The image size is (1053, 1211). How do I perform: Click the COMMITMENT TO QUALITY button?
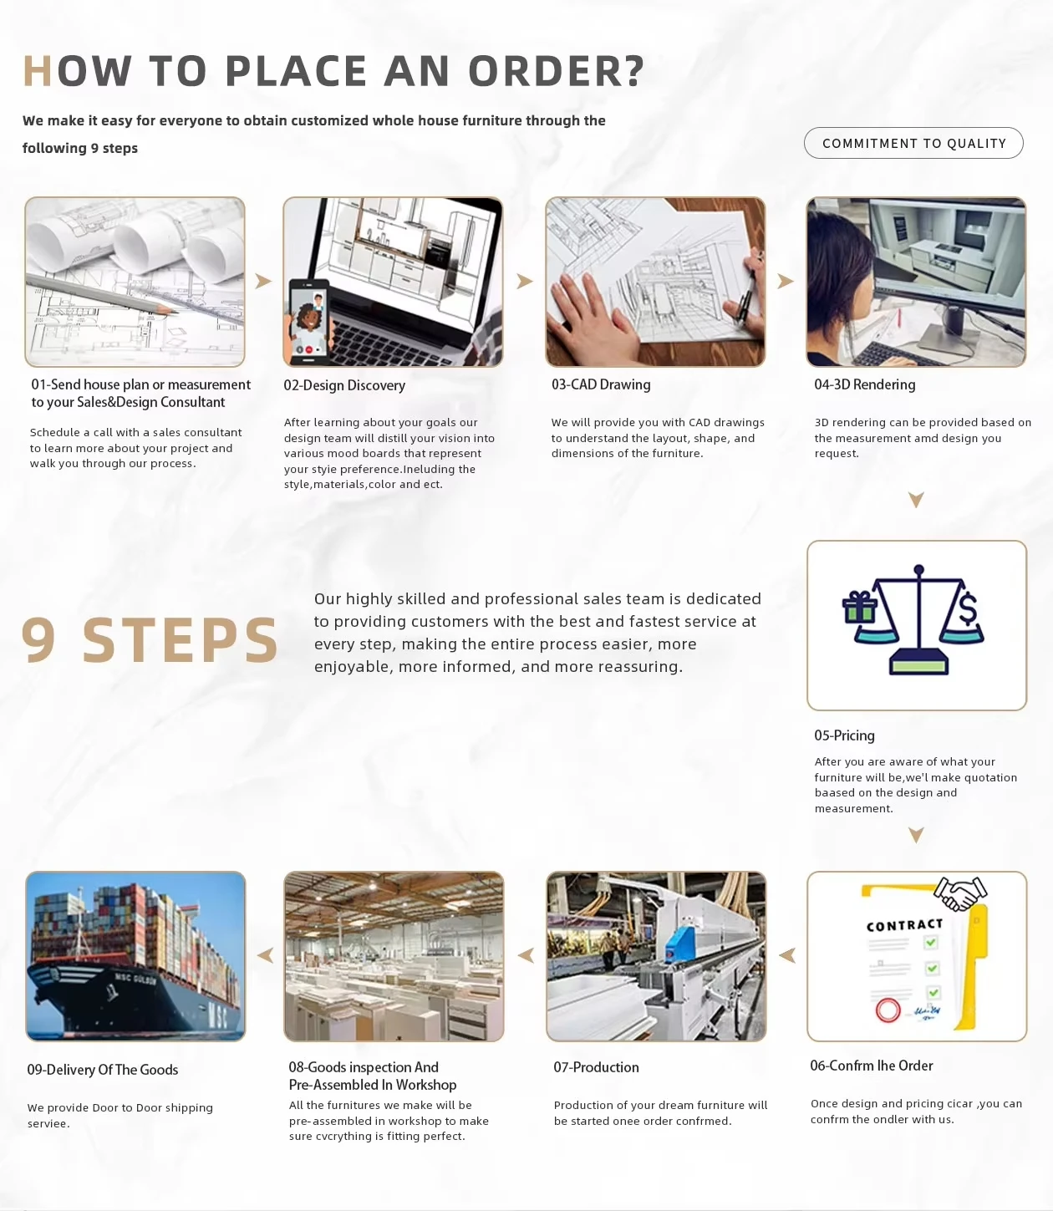913,143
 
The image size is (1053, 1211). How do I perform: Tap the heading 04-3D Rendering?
864,384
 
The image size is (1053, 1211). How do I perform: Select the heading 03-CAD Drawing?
601,384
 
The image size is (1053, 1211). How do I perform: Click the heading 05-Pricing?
844,735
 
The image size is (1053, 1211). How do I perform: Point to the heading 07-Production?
596,1067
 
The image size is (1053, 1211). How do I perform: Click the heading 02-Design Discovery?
344,385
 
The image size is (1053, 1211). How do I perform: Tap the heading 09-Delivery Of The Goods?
103,1070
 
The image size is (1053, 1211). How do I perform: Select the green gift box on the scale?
860,608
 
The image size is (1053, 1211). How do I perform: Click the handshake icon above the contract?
960,893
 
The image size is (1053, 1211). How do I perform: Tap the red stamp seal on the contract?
888,1010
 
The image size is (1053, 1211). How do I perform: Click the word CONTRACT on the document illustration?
904,925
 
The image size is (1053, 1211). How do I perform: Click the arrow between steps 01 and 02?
263,281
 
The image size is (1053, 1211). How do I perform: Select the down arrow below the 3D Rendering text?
916,500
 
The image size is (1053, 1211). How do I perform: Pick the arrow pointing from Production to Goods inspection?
526,955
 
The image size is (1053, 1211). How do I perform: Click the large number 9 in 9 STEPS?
39,639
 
